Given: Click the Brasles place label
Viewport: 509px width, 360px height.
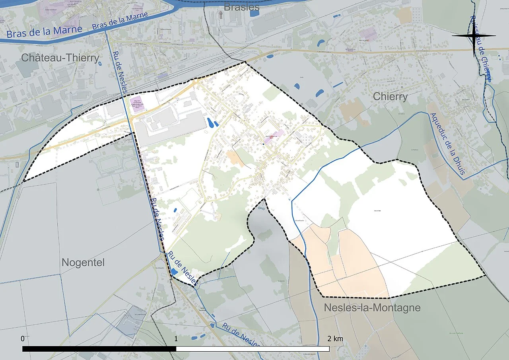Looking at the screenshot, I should [x=241, y=7].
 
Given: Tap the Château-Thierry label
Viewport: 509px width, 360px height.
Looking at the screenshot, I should [x=60, y=58].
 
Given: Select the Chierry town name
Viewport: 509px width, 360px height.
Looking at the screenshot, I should [x=390, y=97].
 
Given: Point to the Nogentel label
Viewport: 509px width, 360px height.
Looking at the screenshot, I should [x=83, y=263].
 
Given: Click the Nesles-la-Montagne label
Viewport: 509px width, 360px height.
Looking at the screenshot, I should [x=372, y=307].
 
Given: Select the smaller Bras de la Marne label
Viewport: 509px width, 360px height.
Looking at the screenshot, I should [x=120, y=21].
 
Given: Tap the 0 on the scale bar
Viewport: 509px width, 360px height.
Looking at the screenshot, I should [x=23, y=339].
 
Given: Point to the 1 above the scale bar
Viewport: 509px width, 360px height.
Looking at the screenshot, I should [x=176, y=339].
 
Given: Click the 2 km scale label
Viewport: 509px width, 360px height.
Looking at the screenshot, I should [x=335, y=339].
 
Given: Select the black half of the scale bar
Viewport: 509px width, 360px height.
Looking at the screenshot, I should [x=99, y=349].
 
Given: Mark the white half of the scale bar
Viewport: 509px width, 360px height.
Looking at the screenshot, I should [x=253, y=349].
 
